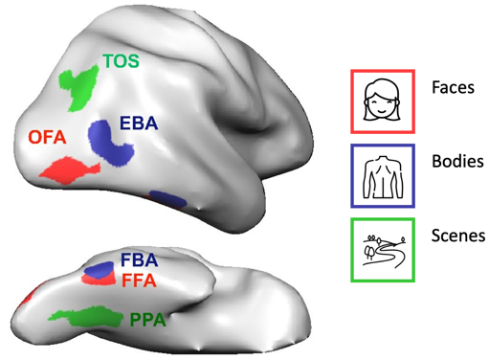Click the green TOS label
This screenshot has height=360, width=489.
122,61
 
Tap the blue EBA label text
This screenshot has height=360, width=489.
139,124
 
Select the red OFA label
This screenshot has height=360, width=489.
47,138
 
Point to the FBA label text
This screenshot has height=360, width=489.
139,260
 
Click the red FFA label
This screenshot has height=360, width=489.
139,281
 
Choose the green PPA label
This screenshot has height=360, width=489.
148,320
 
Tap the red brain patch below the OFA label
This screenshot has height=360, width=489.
69,170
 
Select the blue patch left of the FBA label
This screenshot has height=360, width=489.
100,270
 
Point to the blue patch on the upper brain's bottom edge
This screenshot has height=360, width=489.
167,198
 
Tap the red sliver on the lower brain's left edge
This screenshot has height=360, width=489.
26,298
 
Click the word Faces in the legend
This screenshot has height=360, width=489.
453,87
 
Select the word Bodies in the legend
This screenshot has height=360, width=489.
457,161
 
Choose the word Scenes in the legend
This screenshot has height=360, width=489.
458,236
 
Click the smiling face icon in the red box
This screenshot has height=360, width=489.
383,100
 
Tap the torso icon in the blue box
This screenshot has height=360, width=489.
383,176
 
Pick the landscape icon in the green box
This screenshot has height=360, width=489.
384,250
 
